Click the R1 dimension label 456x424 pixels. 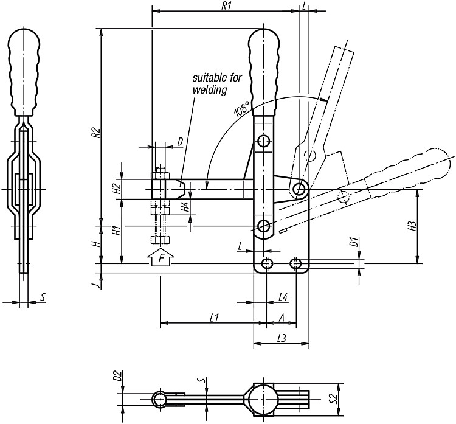(226, 6)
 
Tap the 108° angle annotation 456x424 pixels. (242, 109)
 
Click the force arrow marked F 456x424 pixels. (161, 257)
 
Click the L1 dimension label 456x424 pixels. (214, 318)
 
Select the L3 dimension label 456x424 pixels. (282, 338)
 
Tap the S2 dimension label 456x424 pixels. (336, 398)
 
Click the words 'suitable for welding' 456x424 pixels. (217, 83)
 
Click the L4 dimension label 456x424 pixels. (283, 297)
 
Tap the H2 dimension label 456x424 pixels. (116, 189)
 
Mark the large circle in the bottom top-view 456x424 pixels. (263, 399)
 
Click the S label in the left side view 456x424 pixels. (43, 297)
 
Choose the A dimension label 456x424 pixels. (282, 318)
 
